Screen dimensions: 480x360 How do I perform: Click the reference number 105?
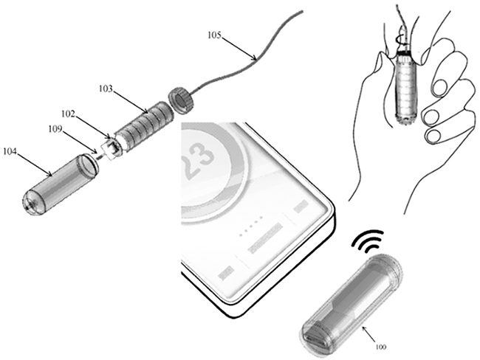(x=214, y=35)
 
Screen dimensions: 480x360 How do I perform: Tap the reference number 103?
(x=106, y=89)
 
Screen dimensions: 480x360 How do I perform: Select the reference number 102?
(x=68, y=114)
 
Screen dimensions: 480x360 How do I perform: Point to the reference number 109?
(x=55, y=129)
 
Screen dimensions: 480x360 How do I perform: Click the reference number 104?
(x=10, y=151)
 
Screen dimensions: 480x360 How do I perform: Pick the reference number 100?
(x=381, y=347)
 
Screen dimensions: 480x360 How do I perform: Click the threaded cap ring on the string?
(x=180, y=100)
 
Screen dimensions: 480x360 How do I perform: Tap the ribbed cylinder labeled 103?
(x=144, y=126)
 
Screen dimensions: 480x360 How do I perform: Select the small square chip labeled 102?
(x=112, y=149)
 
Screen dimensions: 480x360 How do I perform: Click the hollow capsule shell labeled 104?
(x=60, y=184)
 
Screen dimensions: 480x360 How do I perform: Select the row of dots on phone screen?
(x=251, y=226)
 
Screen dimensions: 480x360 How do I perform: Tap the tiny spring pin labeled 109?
(x=100, y=157)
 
